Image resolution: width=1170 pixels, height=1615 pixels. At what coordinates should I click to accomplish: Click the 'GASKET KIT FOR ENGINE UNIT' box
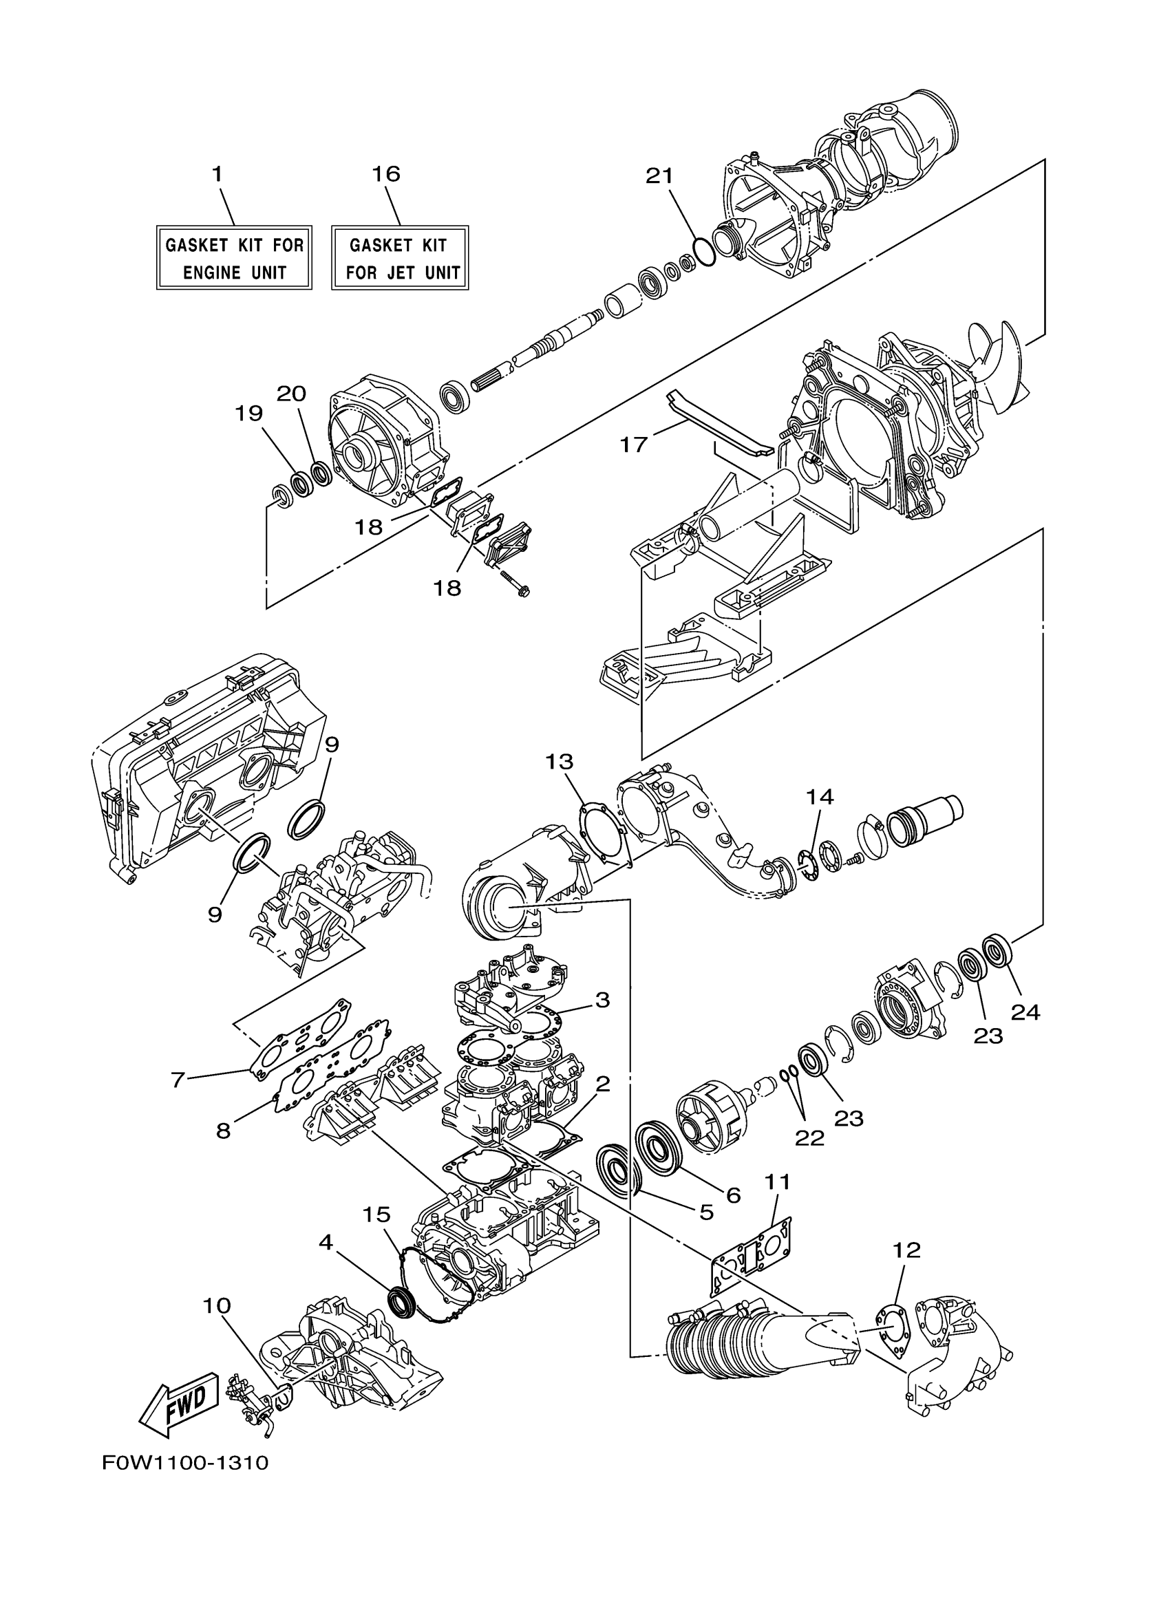click(x=234, y=258)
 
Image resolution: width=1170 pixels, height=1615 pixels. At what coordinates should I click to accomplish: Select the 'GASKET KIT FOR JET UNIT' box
click(x=399, y=258)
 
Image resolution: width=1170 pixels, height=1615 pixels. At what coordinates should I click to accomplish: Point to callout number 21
click(x=659, y=176)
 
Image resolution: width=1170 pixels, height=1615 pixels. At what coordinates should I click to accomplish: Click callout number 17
click(x=633, y=445)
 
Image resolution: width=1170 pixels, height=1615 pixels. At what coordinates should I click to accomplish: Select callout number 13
click(x=559, y=762)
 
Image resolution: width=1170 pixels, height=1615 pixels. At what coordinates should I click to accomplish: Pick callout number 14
click(x=820, y=796)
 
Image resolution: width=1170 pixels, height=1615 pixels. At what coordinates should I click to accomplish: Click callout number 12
click(x=906, y=1250)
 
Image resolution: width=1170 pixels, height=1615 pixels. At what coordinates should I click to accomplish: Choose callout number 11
click(x=777, y=1182)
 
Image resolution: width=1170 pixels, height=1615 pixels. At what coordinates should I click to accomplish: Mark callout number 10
click(x=217, y=1306)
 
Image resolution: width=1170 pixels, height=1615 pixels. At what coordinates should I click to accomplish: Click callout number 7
click(x=178, y=1080)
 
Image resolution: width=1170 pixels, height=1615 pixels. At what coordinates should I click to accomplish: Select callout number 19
click(x=249, y=413)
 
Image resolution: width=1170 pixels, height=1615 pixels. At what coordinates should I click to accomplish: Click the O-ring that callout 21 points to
click(x=703, y=251)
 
